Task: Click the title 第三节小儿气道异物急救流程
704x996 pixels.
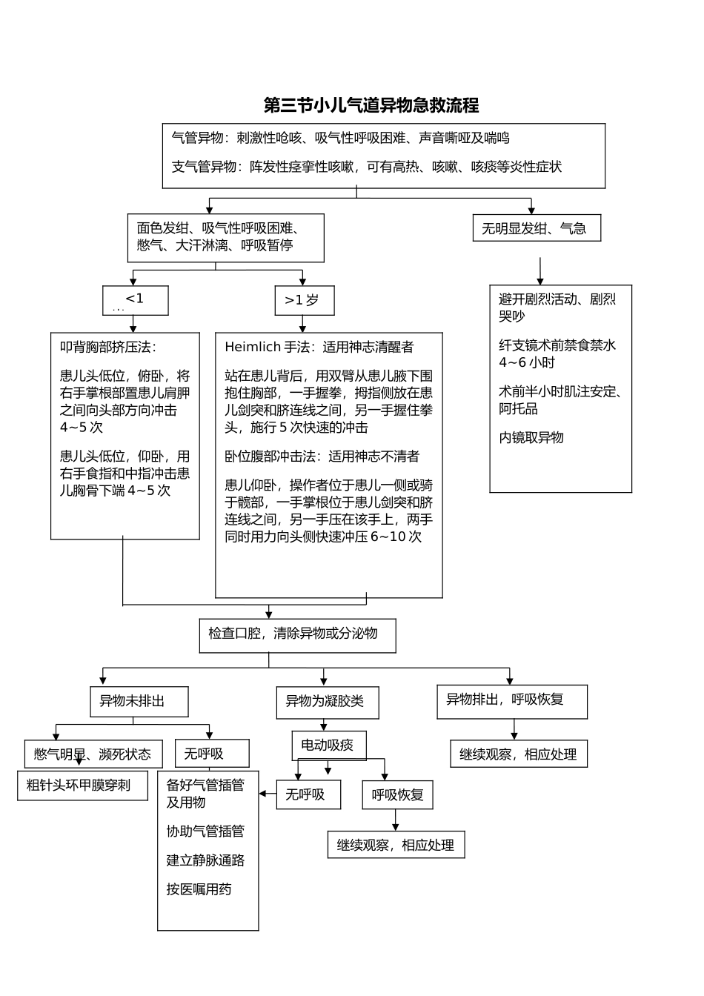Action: [x=371, y=105]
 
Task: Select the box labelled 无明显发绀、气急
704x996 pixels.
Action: [x=536, y=228]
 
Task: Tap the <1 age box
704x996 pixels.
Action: [x=135, y=300]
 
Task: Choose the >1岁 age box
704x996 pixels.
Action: [x=304, y=300]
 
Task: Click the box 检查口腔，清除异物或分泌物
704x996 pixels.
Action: [x=297, y=635]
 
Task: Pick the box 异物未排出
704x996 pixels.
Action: [x=139, y=701]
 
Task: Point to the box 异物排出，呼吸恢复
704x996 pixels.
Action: [x=511, y=701]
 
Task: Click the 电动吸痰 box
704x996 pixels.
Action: [x=328, y=746]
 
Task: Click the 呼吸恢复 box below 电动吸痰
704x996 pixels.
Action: [x=397, y=795]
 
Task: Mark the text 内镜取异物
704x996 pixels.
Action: [x=531, y=437]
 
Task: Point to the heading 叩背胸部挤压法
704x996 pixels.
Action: [x=108, y=347]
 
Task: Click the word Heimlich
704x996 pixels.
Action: [x=253, y=347]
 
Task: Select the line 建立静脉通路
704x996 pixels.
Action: [x=205, y=860]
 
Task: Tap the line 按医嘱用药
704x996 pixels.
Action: [x=199, y=889]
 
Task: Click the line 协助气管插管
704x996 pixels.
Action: [x=205, y=831]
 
